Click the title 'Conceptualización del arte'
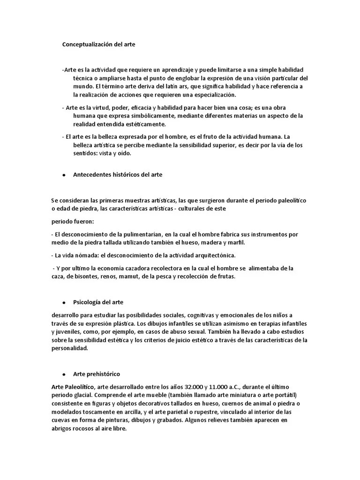pos(98,45)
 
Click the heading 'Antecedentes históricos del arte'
pos(118,174)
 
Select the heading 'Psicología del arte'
pos(98,301)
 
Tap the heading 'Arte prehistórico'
pos(97,374)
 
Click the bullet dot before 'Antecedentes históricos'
pos(63,175)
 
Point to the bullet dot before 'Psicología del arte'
pos(63,302)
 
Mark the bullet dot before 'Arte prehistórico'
pos(63,374)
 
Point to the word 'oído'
pos(124,153)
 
